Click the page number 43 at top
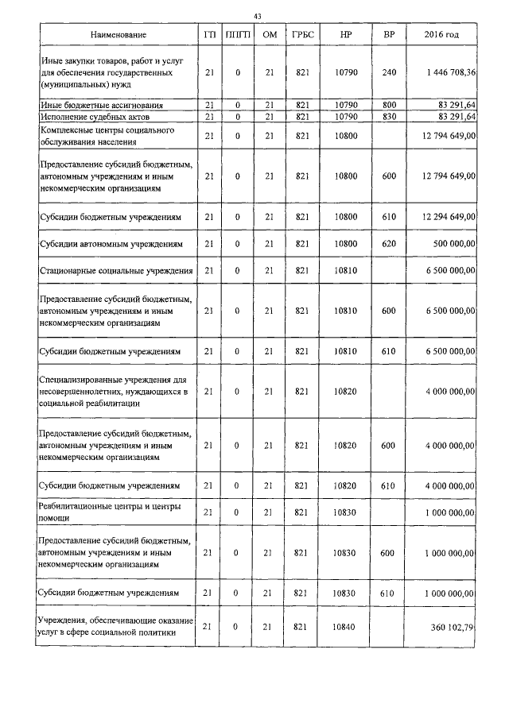tap(257, 17)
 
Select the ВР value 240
tap(389, 72)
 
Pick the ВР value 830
tap(389, 117)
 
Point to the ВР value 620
tap(389, 244)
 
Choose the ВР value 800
tap(389, 105)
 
